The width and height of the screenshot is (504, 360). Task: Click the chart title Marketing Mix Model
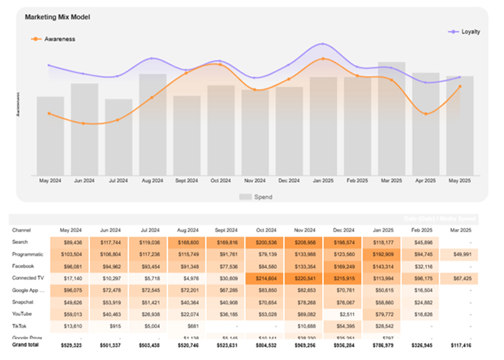click(57, 17)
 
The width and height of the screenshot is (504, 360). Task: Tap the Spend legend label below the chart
click(263, 197)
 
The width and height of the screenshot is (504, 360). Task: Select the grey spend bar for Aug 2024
click(153, 124)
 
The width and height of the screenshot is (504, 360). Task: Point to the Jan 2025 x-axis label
click(323, 180)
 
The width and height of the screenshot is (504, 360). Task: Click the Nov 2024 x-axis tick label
click(255, 180)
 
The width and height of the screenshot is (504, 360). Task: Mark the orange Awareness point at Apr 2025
click(426, 113)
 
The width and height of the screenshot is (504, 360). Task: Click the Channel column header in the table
click(22, 229)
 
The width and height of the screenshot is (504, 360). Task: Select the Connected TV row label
click(28, 277)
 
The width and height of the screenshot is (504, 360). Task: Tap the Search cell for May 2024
click(69, 242)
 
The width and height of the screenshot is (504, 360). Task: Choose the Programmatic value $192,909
click(381, 253)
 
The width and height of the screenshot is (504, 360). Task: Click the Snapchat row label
click(24, 301)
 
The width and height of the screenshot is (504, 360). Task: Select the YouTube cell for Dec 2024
click(343, 314)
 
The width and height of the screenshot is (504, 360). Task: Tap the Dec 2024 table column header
click(343, 229)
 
